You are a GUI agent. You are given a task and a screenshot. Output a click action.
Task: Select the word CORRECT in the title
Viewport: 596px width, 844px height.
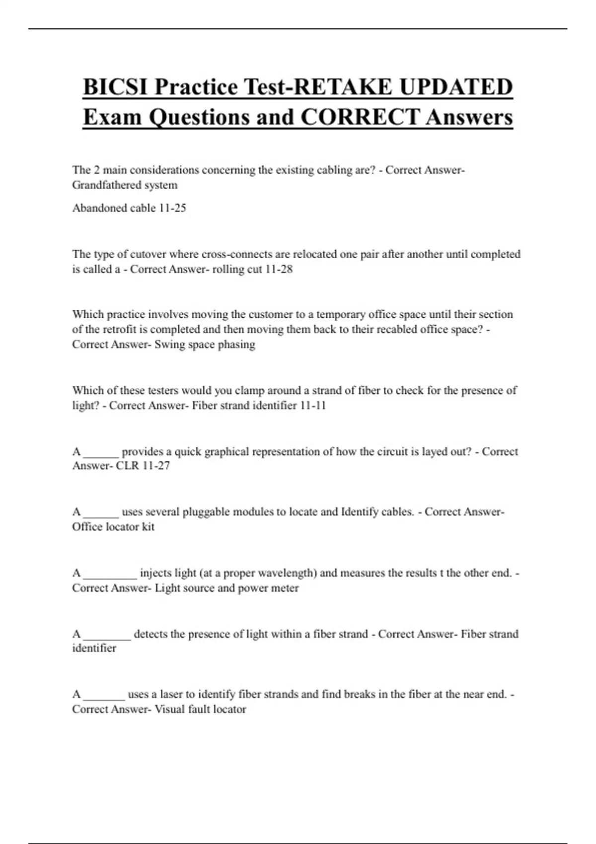(360, 117)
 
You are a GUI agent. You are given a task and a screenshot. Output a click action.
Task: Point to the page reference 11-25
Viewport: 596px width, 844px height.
(172, 208)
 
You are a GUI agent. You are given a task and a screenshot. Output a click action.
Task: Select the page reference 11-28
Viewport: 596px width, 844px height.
(279, 269)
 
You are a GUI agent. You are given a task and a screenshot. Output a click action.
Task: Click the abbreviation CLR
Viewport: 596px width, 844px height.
(127, 466)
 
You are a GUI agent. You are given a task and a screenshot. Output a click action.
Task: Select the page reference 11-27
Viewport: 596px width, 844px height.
(156, 466)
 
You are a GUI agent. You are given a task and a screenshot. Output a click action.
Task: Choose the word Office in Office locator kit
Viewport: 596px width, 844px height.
(87, 527)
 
